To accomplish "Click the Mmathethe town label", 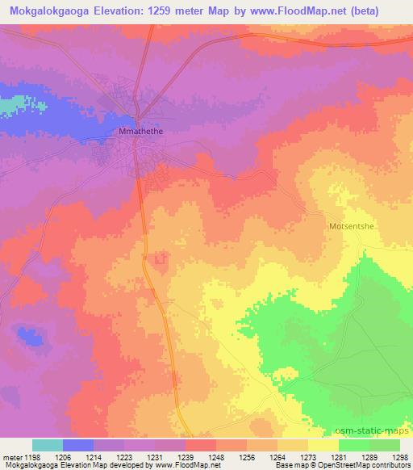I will point(141,129).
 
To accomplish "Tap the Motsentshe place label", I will point(352,227).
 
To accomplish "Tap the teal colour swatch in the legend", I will point(47,445).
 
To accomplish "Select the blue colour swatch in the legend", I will point(78,445).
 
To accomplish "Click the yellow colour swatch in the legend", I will point(323,445).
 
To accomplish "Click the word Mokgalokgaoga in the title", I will point(53,10).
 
